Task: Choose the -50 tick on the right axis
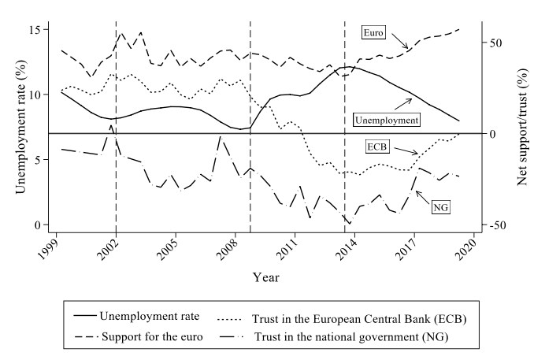pos(494,225)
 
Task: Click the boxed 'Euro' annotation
pos(373,32)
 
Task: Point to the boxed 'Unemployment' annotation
pos(386,120)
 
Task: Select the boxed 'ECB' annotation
pos(377,147)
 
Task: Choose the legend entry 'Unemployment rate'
pos(141,316)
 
